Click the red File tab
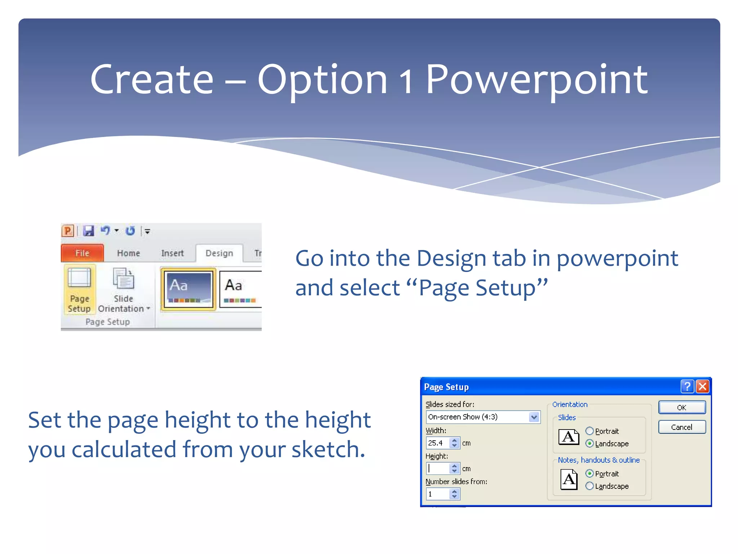point(82,253)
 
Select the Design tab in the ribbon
point(219,253)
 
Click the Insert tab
point(172,253)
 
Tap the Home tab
point(128,253)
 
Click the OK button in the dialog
point(681,408)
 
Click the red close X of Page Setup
point(702,387)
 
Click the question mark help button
point(687,387)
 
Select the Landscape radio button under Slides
point(590,444)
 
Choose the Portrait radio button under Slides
point(590,431)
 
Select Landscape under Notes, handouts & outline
point(590,486)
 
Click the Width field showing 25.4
point(437,443)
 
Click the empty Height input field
point(437,469)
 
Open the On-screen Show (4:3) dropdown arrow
point(534,417)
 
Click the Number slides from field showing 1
point(437,494)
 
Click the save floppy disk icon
point(88,231)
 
